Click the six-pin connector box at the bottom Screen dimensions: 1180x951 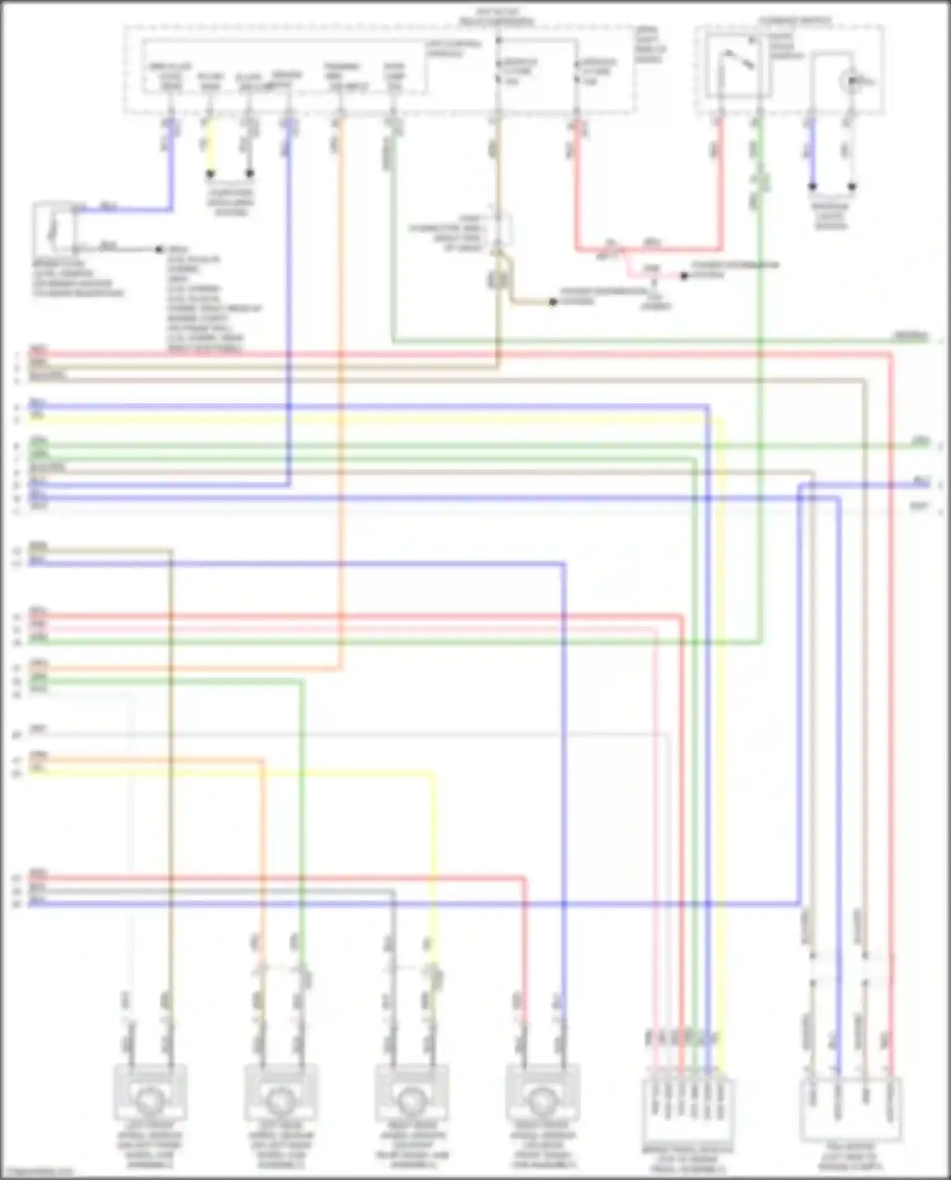coord(688,1110)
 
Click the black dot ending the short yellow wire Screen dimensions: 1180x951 coord(210,174)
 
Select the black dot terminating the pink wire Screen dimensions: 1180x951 coord(684,276)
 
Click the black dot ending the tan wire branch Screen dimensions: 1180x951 coord(553,302)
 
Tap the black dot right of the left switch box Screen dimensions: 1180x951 coord(160,249)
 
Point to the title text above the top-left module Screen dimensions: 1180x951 coord(497,17)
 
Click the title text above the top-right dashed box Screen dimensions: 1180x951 coord(794,20)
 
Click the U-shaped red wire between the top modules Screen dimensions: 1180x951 coord(647,249)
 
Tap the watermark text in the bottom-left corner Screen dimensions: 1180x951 coord(38,1174)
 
